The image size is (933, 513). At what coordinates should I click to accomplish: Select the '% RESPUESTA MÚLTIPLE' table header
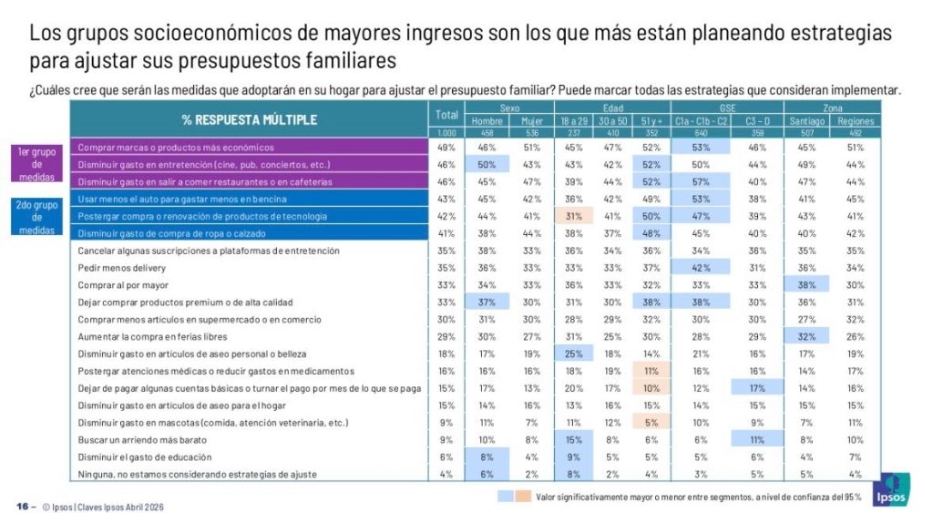point(249,119)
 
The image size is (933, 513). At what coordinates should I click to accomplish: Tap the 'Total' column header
point(446,115)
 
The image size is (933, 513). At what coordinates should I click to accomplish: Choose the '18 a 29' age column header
point(574,121)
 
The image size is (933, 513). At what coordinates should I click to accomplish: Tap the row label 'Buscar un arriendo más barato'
point(138,439)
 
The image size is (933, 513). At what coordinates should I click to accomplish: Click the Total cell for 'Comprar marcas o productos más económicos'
point(446,147)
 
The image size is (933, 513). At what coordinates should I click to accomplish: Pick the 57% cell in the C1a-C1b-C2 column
point(702,181)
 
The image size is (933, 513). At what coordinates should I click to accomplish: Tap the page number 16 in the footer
point(22,506)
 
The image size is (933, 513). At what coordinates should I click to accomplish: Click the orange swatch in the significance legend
point(521,497)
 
